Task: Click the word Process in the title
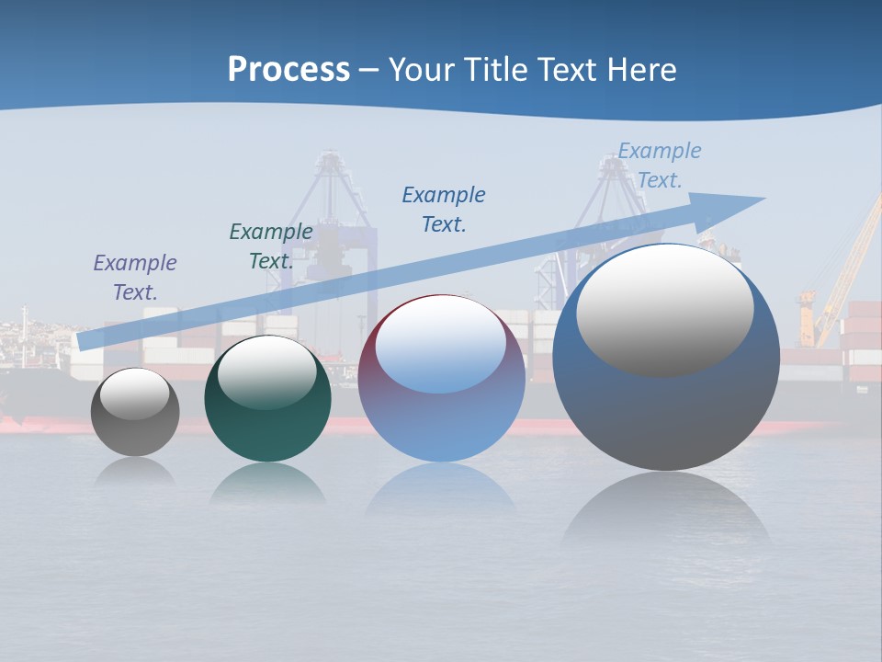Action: coord(288,69)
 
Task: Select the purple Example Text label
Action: coord(135,277)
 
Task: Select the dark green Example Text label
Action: coord(271,245)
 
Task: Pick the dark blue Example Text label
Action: coord(444,209)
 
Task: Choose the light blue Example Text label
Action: coord(660,165)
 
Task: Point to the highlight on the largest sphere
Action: coord(665,310)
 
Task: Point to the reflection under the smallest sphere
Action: coord(135,472)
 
